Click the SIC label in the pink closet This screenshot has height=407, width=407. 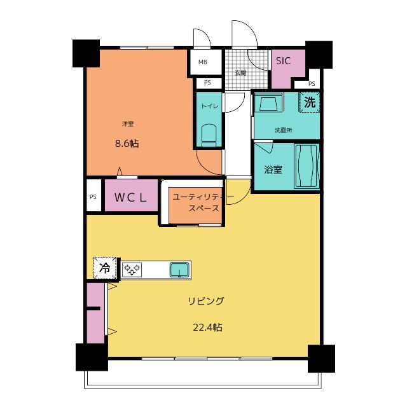click(x=283, y=61)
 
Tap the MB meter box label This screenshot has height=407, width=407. click(x=202, y=62)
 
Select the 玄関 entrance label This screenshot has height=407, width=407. click(x=240, y=73)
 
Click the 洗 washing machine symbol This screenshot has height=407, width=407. click(x=310, y=102)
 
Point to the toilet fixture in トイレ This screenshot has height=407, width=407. click(x=209, y=135)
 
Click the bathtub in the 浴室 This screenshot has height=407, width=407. click(x=307, y=166)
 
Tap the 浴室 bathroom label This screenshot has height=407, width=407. click(x=273, y=170)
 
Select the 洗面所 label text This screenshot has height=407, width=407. click(x=283, y=130)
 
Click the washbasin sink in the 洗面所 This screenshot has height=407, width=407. click(x=268, y=103)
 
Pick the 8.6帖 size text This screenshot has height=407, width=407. click(x=127, y=143)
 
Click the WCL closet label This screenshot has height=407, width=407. click(x=130, y=198)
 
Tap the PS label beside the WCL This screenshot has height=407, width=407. click(x=93, y=197)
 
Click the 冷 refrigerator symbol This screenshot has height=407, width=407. click(x=105, y=268)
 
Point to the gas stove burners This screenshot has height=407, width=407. click(x=132, y=270)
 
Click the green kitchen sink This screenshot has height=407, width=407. click(x=179, y=270)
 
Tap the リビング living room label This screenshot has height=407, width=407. click(x=206, y=301)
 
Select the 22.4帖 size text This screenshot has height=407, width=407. click(x=207, y=328)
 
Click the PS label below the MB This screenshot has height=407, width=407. click(x=207, y=83)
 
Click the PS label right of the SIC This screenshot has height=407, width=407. click(x=312, y=83)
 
